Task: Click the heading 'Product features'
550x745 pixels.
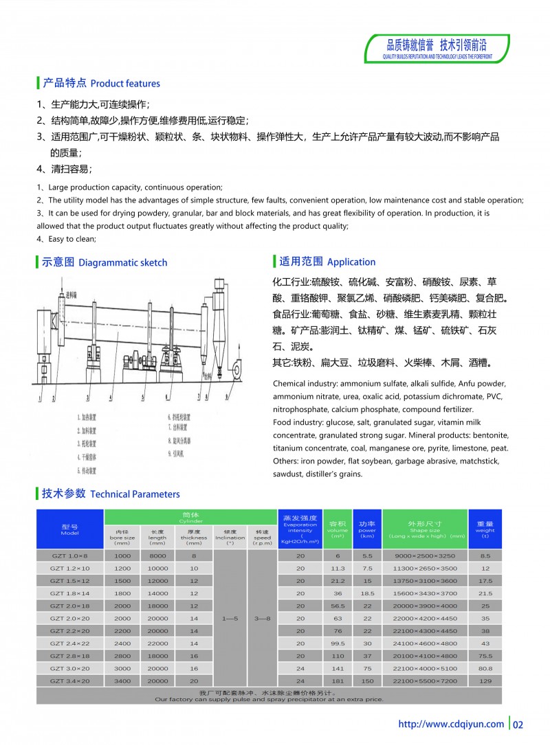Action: point(125,84)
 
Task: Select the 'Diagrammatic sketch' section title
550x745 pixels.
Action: point(122,262)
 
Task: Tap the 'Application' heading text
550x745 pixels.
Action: point(351,262)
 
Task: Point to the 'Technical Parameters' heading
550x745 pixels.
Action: point(135,494)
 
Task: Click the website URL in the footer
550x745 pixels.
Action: point(451,724)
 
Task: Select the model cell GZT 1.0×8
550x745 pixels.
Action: point(69,555)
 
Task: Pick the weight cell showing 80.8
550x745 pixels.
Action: point(485,667)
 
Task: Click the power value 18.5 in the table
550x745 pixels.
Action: point(367,593)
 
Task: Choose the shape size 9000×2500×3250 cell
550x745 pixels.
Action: point(424,555)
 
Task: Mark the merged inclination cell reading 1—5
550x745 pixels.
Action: point(230,618)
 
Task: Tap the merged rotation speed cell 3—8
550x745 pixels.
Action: point(262,618)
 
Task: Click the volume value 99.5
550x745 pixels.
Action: point(338,643)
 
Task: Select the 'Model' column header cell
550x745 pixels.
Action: point(69,529)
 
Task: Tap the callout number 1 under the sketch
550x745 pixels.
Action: point(43,398)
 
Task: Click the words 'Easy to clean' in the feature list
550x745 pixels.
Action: point(71,239)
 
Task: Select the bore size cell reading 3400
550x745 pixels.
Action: point(122,680)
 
